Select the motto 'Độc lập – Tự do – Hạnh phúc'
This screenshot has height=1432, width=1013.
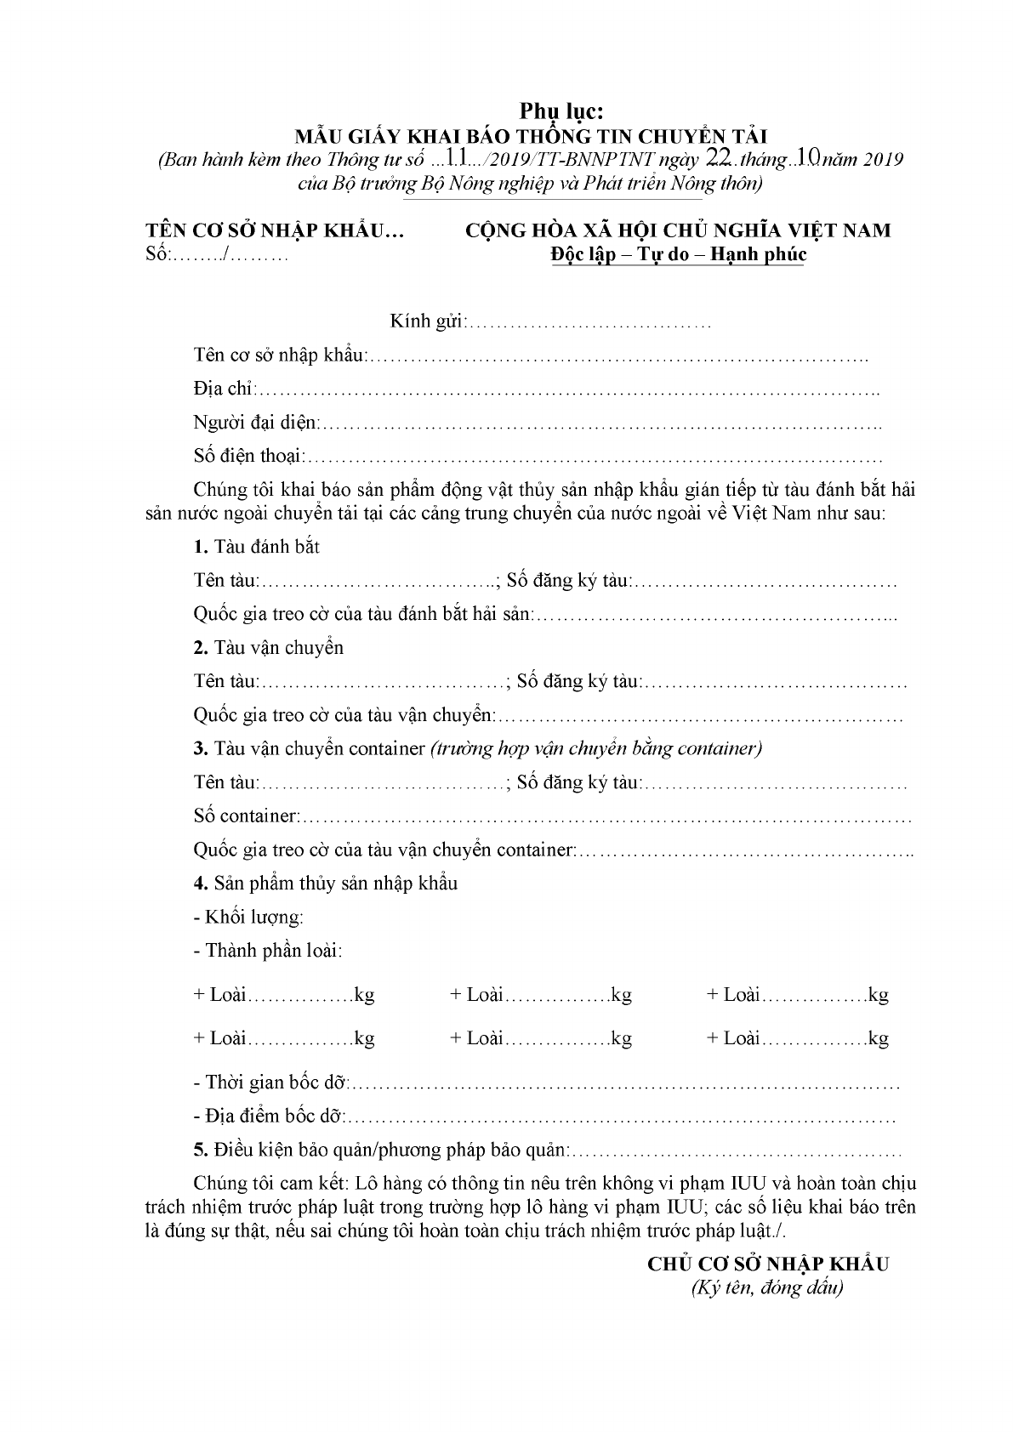(x=678, y=254)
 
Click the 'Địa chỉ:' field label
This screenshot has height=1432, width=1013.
(x=224, y=389)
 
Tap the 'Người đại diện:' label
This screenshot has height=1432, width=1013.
(x=256, y=423)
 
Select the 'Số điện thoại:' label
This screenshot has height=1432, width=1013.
(x=248, y=456)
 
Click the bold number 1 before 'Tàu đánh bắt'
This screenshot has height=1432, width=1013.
(x=199, y=547)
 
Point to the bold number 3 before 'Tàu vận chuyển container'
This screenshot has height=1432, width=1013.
(x=200, y=748)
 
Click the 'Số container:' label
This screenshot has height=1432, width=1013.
(x=245, y=816)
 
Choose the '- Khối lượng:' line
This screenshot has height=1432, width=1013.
(x=248, y=918)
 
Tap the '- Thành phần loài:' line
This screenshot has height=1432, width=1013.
(x=268, y=951)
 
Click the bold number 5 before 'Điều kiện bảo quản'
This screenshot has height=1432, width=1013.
(x=200, y=1151)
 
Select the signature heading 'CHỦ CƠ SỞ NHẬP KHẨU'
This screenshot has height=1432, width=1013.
(x=768, y=1264)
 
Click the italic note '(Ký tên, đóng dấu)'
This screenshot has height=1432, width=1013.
(x=766, y=1288)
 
